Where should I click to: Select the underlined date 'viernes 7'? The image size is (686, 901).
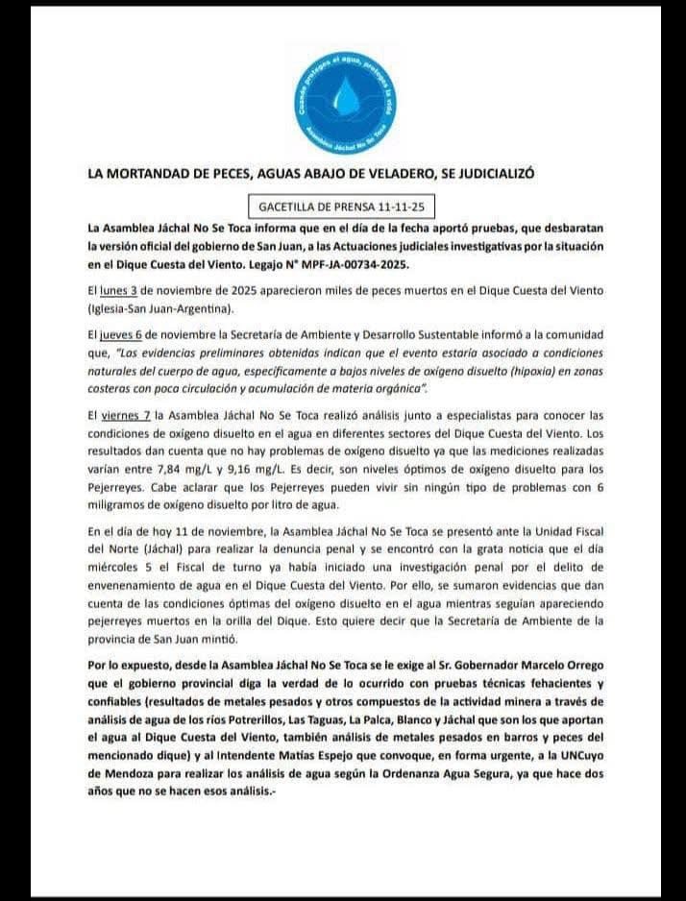[x=125, y=415]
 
